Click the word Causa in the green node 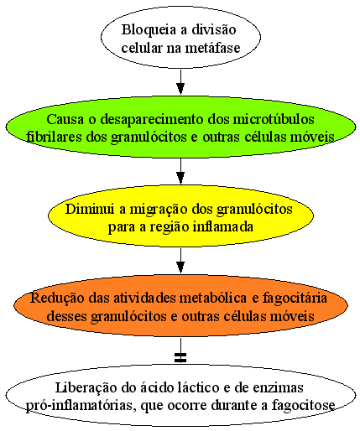coord(65,119)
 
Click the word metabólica coord(213,298)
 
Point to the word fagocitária coord(295,299)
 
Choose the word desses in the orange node coord(67,316)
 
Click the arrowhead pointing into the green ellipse coord(180,89)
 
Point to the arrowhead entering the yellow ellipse coord(180,178)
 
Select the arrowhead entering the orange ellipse coord(180,267)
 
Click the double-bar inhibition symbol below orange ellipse coord(180,357)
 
